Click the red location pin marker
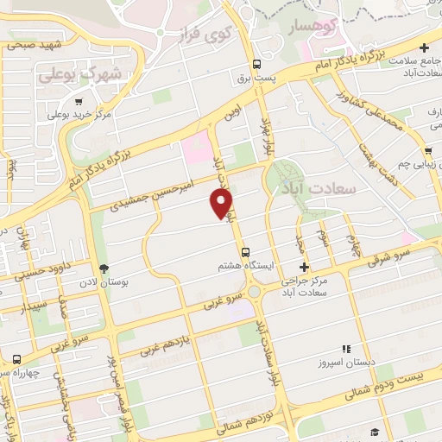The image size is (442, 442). pos(222,204)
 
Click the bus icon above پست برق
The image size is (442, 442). pos(256,64)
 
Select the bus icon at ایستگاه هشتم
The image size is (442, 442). pos(247,252)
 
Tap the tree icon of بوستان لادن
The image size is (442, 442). pos(104,269)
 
